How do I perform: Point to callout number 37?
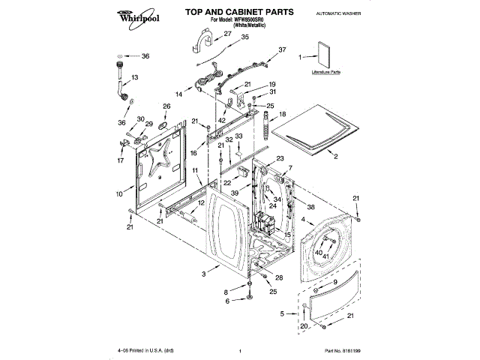tap(282, 49)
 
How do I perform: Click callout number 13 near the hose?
tap(135, 77)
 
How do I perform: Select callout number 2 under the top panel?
tap(335, 157)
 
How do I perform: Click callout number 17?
tap(121, 160)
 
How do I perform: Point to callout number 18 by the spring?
tap(283, 114)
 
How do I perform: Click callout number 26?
tap(166, 106)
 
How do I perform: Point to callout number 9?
tap(335, 281)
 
